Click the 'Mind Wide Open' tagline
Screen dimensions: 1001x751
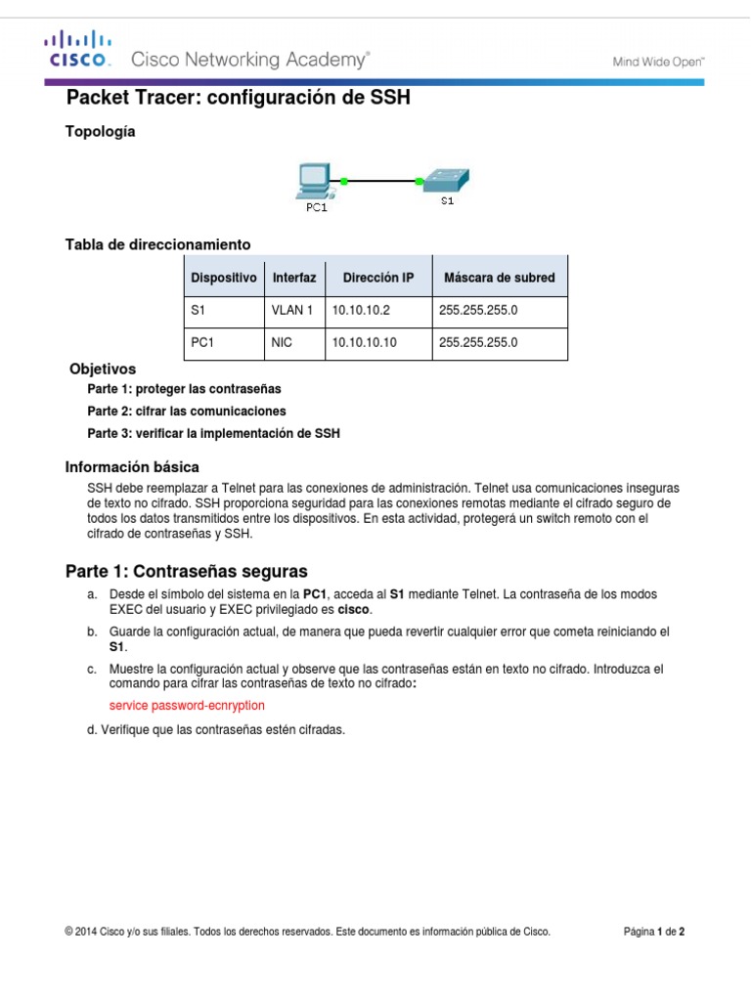pyautogui.click(x=658, y=61)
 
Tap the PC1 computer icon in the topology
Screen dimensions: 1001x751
pyautogui.click(x=314, y=181)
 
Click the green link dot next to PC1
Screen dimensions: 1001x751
pyautogui.click(x=345, y=180)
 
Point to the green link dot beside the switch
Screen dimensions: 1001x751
pyautogui.click(x=420, y=180)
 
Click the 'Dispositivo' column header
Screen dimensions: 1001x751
pyautogui.click(x=224, y=278)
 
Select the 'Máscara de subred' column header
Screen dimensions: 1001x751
pyautogui.click(x=499, y=278)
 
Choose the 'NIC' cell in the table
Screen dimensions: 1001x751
pyautogui.click(x=283, y=342)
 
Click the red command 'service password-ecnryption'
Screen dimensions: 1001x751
pyautogui.click(x=186, y=705)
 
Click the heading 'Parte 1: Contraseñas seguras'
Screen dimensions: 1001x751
pyautogui.click(x=186, y=570)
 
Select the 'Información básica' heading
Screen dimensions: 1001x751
pyautogui.click(x=132, y=466)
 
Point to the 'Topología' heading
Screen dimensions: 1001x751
pyautogui.click(x=100, y=132)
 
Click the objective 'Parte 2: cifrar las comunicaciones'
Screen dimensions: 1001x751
pyautogui.click(x=187, y=411)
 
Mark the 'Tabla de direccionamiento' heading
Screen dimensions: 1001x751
pyautogui.click(x=157, y=243)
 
